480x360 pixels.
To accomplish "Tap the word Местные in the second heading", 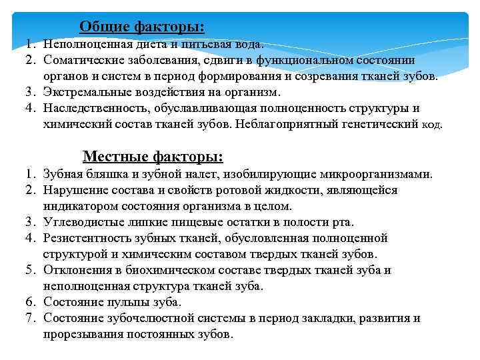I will coord(113,157).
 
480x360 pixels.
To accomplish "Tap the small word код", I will coord(432,125).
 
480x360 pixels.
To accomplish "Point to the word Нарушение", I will coord(73,190).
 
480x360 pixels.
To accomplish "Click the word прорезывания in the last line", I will coord(83,334).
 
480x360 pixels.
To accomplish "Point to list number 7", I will coord(30,318).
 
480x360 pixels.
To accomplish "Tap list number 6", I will coord(30,302).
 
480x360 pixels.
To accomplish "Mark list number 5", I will coord(30,270).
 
